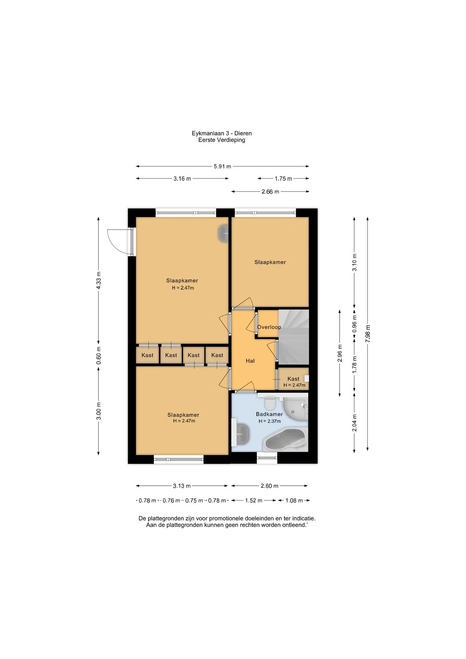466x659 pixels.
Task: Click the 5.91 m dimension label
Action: tap(222, 166)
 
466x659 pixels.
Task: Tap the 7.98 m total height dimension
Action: tap(368, 333)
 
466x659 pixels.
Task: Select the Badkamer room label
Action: tap(269, 414)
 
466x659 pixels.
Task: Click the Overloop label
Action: tap(269, 327)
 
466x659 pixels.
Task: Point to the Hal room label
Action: tap(250, 361)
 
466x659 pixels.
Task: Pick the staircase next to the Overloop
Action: tap(293, 337)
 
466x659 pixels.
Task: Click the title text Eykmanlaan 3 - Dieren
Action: tap(222, 133)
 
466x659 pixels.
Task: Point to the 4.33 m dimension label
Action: tap(98, 280)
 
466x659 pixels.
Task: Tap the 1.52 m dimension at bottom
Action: tap(254, 500)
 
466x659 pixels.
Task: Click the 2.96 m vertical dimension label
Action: tap(340, 353)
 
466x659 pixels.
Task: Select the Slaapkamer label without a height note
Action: tap(270, 262)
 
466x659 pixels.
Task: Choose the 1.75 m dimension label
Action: tap(283, 178)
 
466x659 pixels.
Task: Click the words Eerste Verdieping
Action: tap(222, 140)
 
